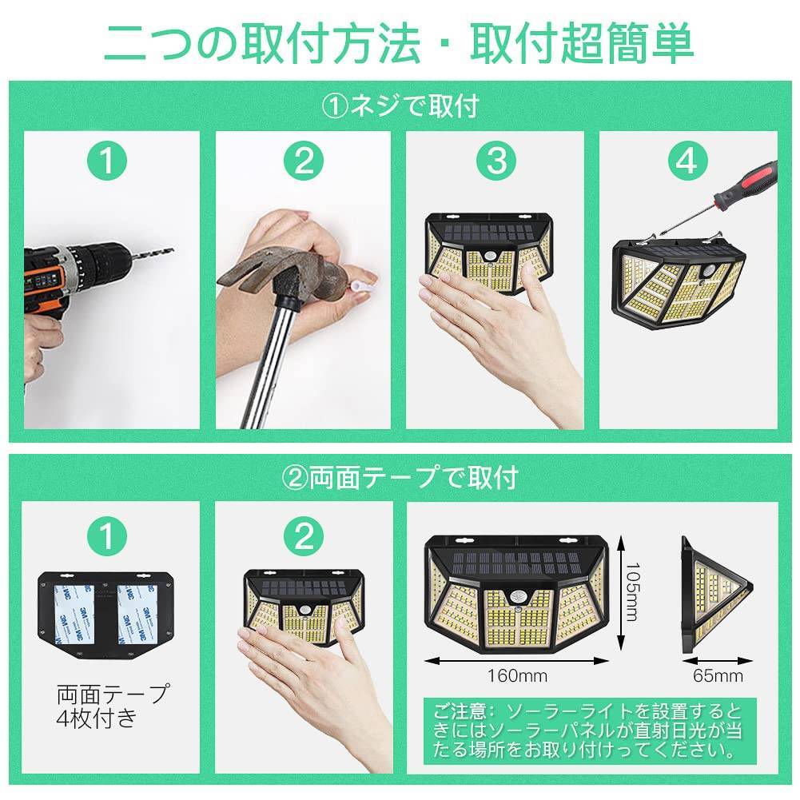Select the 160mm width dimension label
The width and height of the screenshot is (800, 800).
tap(517, 676)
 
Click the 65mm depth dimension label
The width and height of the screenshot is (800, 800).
tap(718, 676)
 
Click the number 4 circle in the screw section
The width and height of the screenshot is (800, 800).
tap(688, 161)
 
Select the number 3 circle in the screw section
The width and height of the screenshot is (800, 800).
tap(496, 161)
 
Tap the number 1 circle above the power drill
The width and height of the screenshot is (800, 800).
tap(107, 161)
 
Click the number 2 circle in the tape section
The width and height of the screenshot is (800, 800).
tap(304, 536)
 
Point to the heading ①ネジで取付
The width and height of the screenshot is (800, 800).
tap(400, 106)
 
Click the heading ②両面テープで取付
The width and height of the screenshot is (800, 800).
tap(400, 478)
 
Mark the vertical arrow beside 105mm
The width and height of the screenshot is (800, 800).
tap(620, 591)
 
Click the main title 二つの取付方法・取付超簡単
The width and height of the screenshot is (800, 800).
tap(399, 43)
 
